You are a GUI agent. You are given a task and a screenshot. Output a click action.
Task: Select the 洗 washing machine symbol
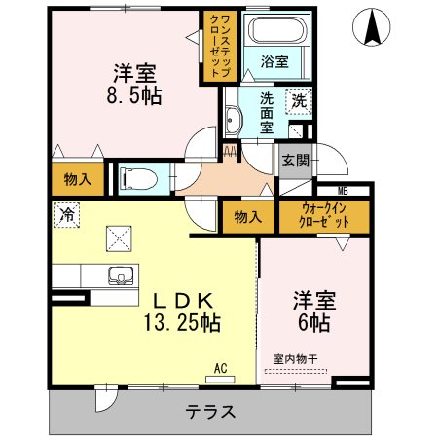[298, 100]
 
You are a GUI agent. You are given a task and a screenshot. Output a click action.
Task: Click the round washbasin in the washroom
[234, 122]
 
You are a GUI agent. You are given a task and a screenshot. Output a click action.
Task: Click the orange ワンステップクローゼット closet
[217, 45]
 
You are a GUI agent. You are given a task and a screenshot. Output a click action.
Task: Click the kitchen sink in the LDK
[122, 274]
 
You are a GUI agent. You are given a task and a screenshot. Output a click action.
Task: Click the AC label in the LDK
[221, 367]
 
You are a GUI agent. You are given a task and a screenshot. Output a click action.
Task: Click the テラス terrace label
[210, 410]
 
